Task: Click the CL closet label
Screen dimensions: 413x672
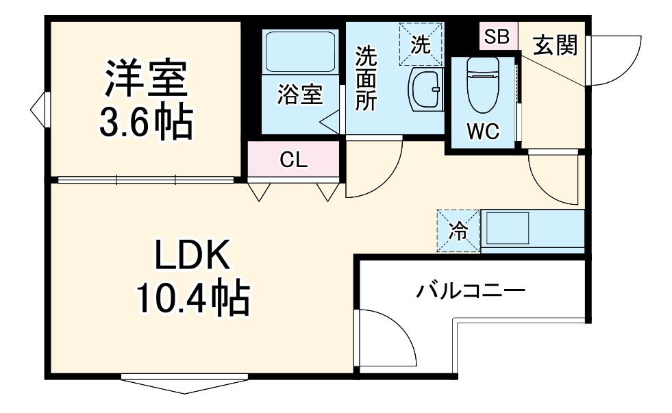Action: tap(294, 160)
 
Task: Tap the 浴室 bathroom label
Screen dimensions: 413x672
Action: tap(299, 95)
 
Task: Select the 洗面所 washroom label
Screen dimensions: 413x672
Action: tap(365, 79)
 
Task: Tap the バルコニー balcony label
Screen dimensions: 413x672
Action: tap(471, 292)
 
